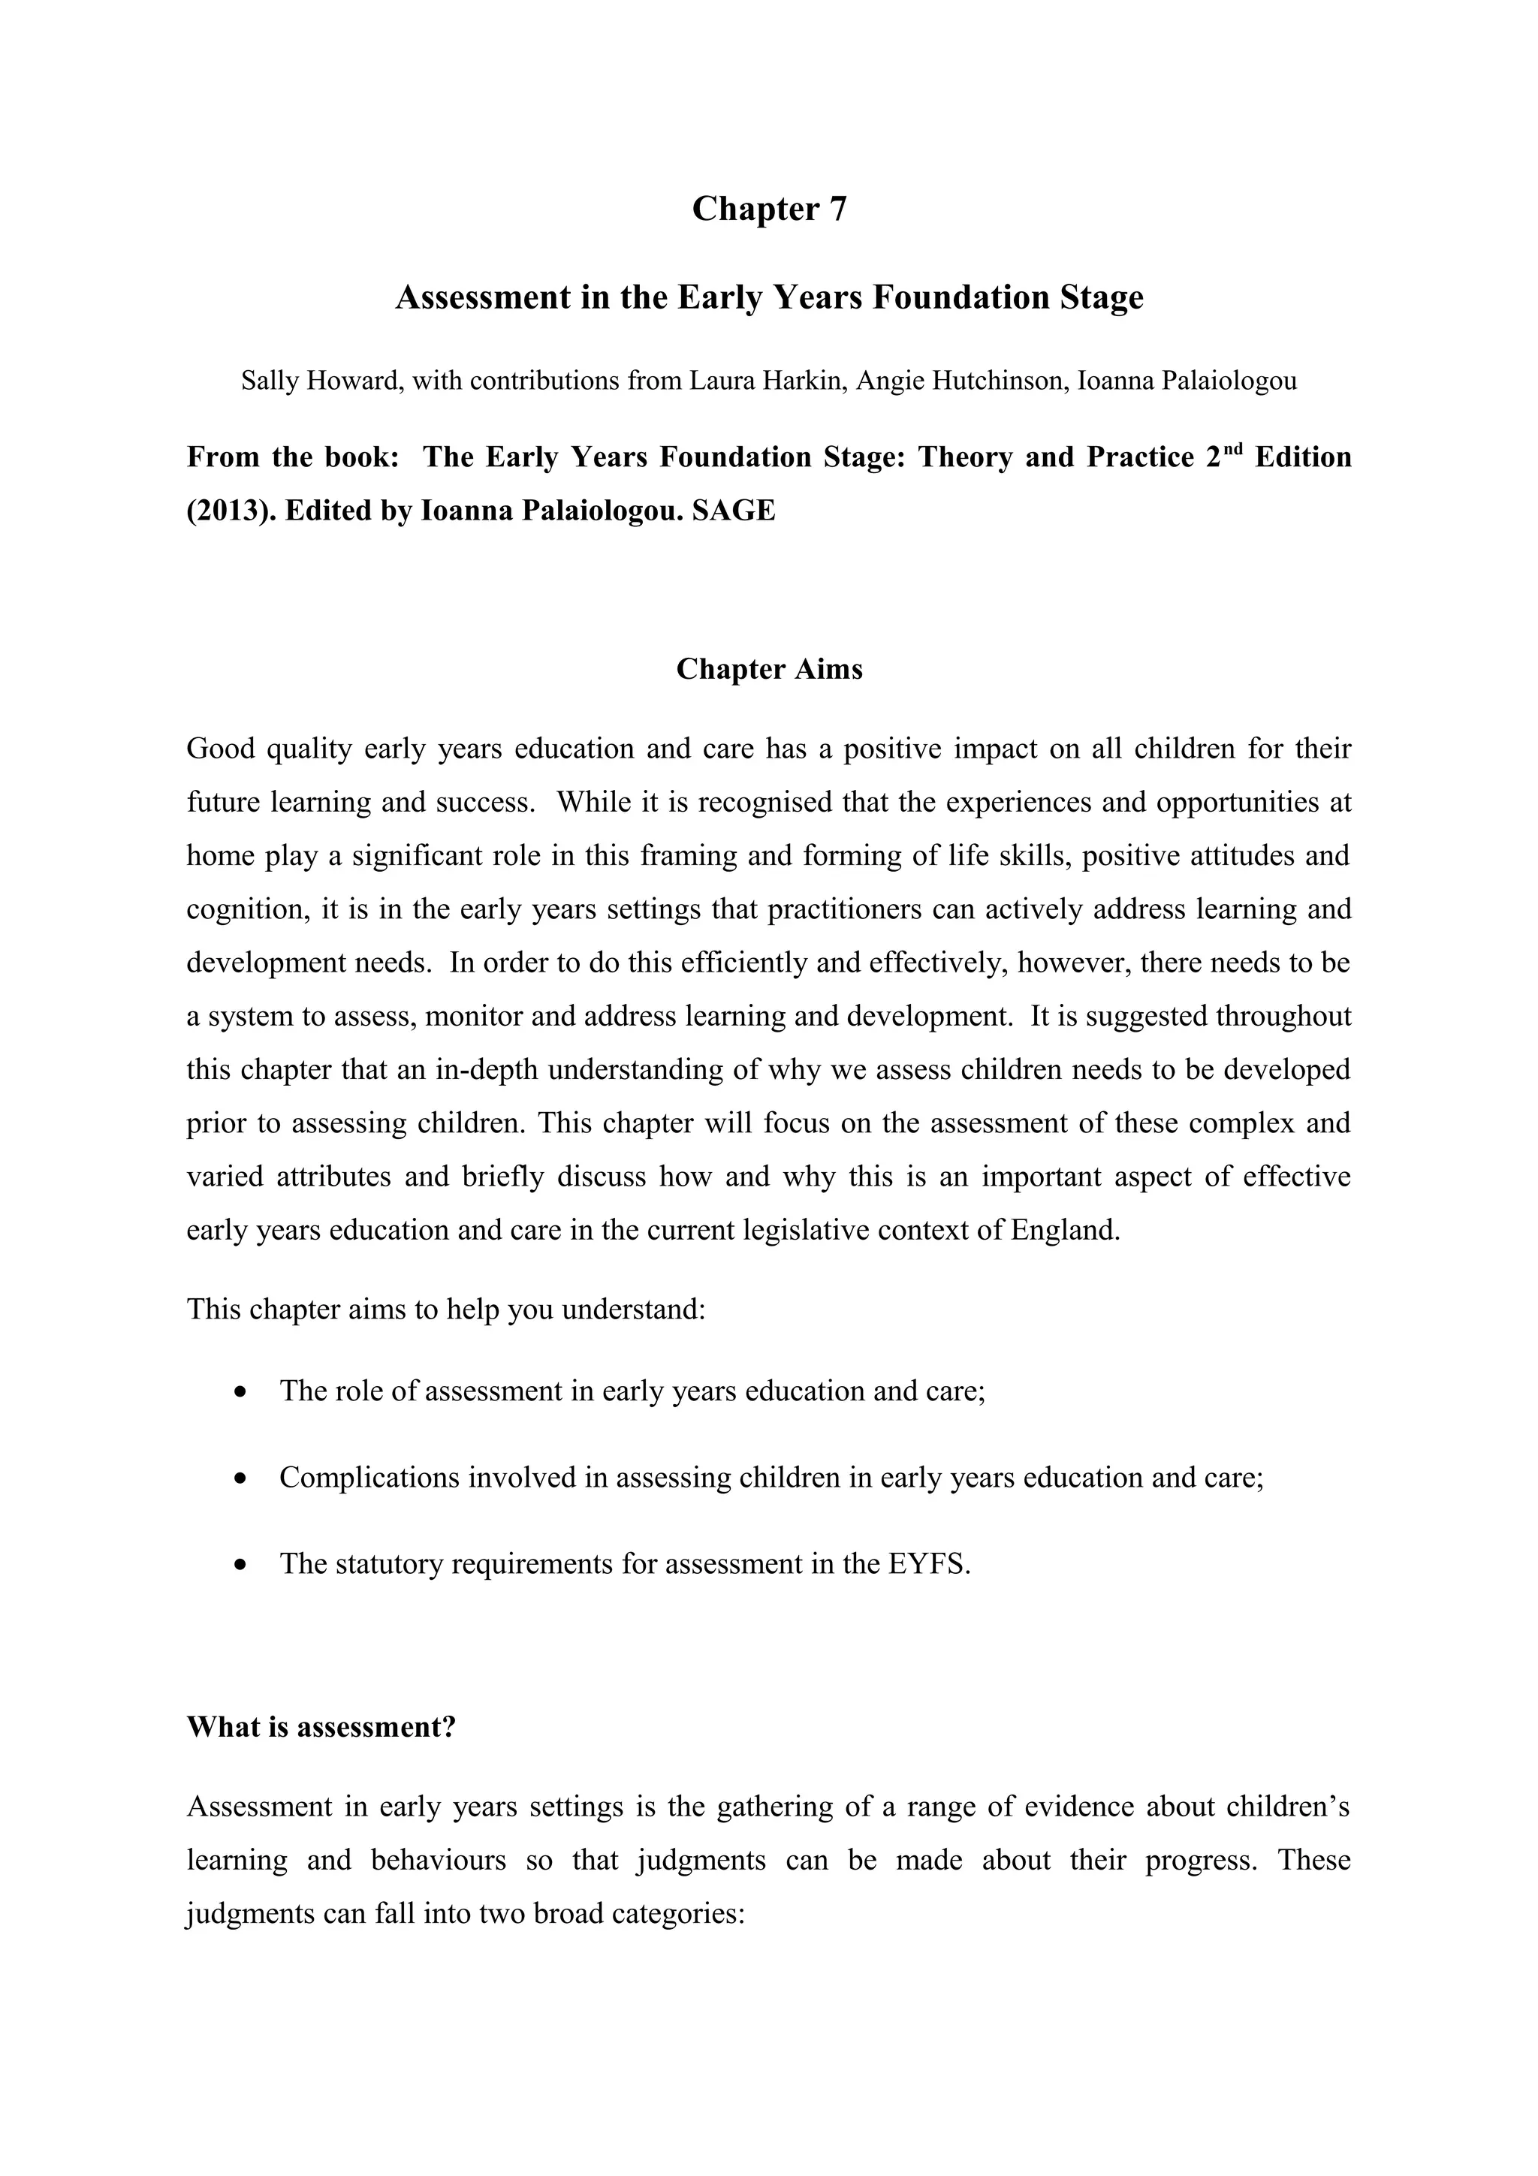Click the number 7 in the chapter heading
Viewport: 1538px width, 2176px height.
click(837, 209)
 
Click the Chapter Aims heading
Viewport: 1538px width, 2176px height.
click(768, 669)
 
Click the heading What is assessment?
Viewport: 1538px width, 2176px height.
click(321, 1727)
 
